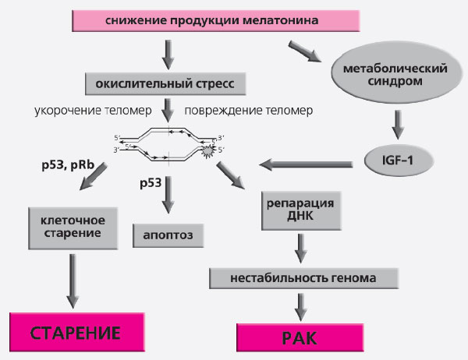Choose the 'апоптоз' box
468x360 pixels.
(168, 233)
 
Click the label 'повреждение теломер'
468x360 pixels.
(249, 111)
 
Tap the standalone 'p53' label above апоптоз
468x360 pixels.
(153, 184)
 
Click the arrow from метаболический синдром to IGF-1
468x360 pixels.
(398, 123)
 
